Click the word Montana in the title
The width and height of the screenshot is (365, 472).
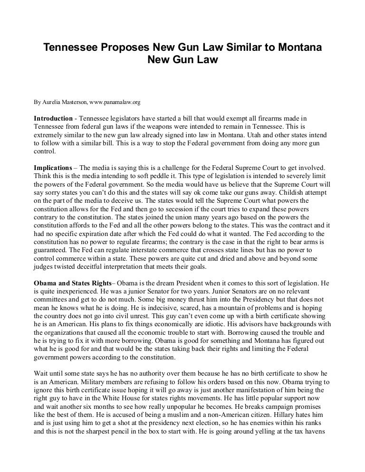298,48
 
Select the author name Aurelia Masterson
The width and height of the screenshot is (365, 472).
62,102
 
